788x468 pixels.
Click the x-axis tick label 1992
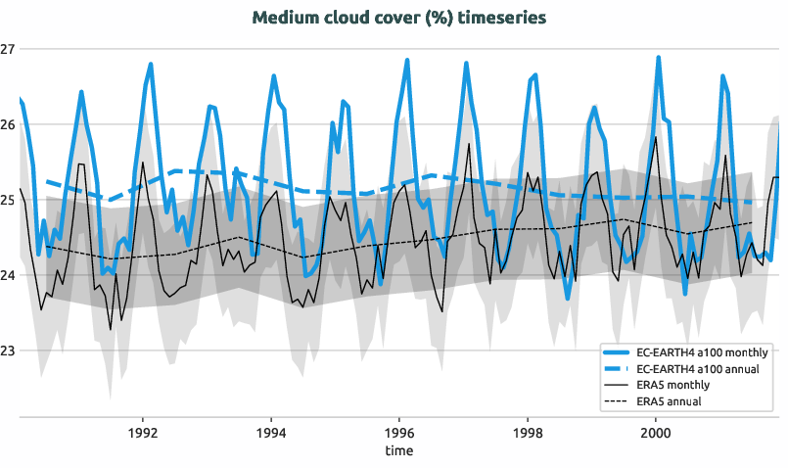pos(143,432)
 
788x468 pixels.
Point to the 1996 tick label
pos(398,432)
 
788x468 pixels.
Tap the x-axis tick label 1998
pos(527,432)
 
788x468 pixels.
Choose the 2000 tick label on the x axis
pos(655,432)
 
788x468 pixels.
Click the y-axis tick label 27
pos(8,49)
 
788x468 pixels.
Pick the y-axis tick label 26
pos(8,124)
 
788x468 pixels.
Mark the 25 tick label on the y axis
pos(8,200)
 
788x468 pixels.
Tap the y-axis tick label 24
pos(8,275)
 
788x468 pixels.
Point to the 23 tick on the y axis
pos(8,351)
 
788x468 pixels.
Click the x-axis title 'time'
pos(398,450)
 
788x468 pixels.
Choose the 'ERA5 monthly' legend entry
pos(672,385)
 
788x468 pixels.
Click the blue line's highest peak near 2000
pos(658,57)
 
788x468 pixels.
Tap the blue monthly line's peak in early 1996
pos(407,61)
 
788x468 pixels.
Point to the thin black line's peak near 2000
pos(655,136)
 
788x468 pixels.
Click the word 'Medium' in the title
pos(282,18)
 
